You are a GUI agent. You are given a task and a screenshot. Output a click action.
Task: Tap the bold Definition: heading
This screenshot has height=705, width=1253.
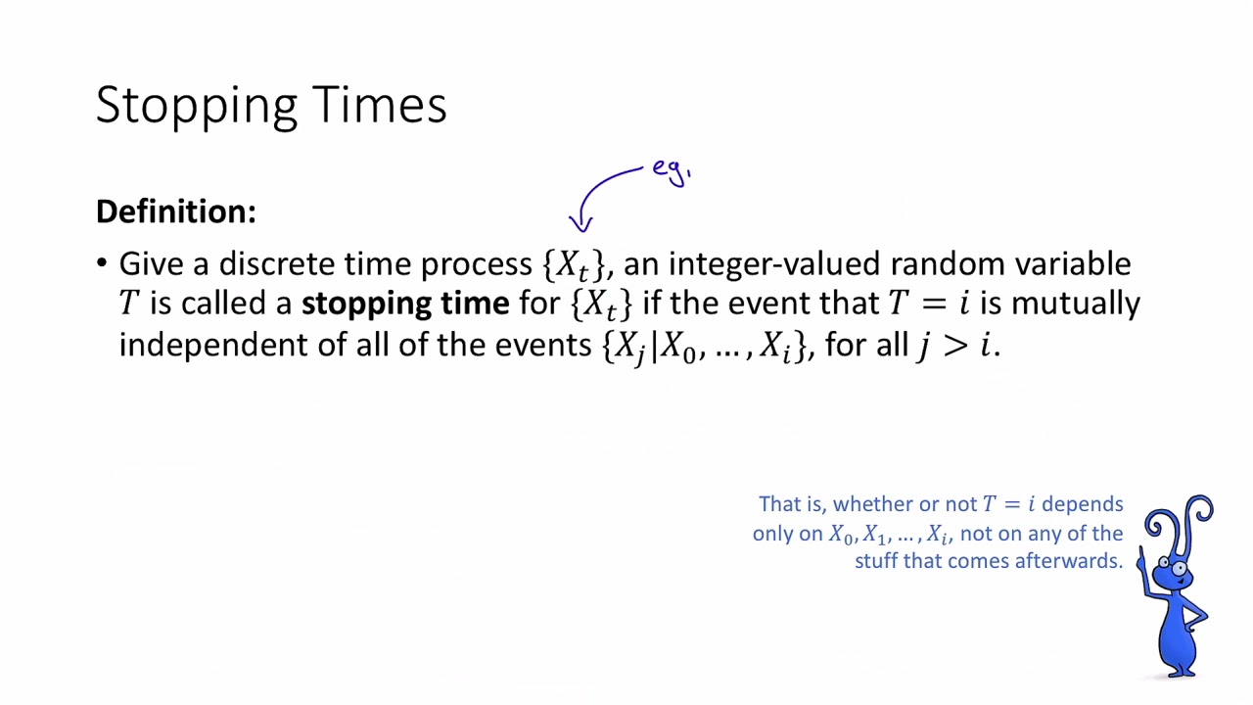pyautogui.click(x=176, y=211)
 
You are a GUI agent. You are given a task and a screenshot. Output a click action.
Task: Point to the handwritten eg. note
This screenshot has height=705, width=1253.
pyautogui.click(x=672, y=171)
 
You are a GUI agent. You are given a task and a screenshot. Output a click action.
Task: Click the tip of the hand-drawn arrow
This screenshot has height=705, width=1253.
pyautogui.click(x=581, y=230)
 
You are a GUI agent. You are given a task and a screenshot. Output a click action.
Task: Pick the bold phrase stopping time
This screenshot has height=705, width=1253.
pyautogui.click(x=404, y=304)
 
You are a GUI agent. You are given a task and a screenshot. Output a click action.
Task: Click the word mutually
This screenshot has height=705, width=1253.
pyautogui.click(x=1075, y=304)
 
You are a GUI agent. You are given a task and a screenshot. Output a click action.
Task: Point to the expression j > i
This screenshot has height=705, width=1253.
pyautogui.click(x=954, y=346)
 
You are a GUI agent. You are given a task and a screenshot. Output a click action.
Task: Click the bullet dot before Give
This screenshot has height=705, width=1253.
pyautogui.click(x=102, y=263)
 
